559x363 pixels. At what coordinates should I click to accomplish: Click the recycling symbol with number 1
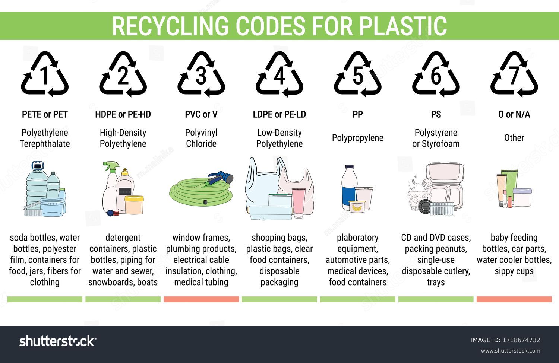tap(45, 74)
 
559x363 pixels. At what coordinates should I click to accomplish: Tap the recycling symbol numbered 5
tap(358, 74)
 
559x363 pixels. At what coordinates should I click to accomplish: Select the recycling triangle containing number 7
tap(514, 74)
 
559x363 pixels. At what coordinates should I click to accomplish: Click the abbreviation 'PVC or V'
tap(201, 114)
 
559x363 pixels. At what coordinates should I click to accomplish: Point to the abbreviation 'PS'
tap(436, 114)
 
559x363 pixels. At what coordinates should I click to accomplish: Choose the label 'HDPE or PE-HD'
tap(123, 114)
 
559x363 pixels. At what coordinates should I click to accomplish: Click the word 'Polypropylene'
tap(358, 138)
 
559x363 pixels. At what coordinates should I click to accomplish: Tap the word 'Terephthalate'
tap(45, 144)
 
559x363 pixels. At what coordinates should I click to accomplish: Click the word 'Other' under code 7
tap(514, 138)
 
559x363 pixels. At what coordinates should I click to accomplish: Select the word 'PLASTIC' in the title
tap(403, 26)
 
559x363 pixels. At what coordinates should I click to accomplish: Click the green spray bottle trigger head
tap(111, 166)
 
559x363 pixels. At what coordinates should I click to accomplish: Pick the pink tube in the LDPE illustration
tap(299, 203)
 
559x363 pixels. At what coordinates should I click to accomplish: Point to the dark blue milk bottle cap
tap(350, 166)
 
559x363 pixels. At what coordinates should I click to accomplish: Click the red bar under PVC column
tap(201, 299)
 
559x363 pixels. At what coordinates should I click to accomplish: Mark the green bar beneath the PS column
tap(436, 299)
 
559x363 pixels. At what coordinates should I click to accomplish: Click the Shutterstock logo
tap(58, 341)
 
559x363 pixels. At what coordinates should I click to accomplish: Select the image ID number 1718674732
tap(521, 340)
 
